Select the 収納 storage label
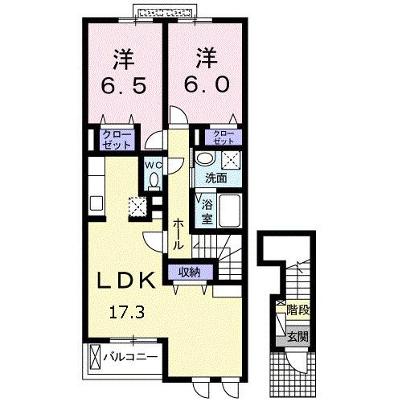[191, 272]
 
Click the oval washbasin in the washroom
[206, 158]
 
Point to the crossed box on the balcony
[96, 355]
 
